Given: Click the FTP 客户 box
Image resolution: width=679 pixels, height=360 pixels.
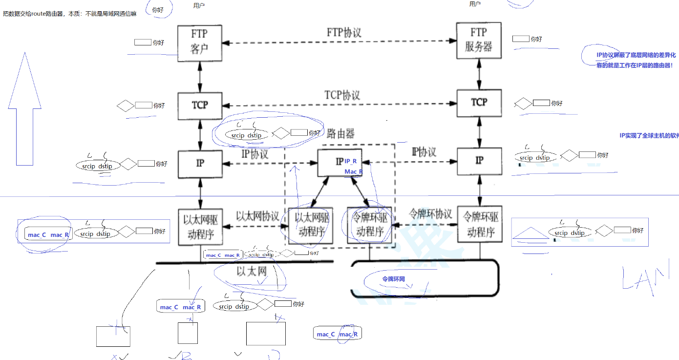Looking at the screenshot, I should [199, 43].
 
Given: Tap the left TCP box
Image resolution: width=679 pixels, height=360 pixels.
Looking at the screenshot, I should [199, 105].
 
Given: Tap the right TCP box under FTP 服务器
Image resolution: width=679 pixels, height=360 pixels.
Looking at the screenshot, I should [479, 103].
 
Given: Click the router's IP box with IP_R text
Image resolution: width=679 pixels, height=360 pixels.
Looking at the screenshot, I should [340, 163].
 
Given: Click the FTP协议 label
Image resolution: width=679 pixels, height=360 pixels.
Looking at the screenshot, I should [344, 33].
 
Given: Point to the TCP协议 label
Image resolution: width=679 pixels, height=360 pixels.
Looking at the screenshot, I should [342, 95].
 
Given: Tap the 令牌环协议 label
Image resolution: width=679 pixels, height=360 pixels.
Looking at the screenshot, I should [430, 214].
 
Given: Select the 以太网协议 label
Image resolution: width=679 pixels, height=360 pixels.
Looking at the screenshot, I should [257, 216].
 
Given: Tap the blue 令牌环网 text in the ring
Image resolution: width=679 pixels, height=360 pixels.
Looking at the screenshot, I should [393, 279].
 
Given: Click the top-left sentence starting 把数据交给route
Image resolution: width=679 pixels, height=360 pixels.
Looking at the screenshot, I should [69, 14].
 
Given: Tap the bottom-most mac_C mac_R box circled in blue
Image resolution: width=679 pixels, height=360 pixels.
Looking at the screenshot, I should [337, 334].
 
